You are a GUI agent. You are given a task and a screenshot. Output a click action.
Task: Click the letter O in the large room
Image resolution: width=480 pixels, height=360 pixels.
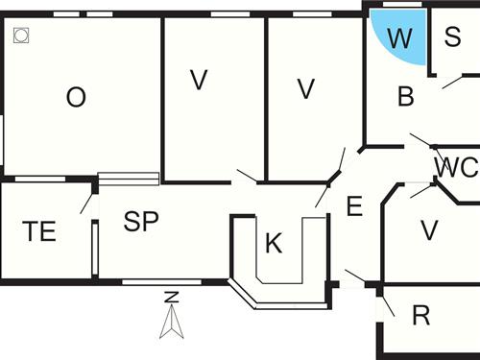click(x=76, y=97)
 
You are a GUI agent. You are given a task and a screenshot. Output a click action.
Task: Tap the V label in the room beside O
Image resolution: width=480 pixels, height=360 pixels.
click(x=199, y=81)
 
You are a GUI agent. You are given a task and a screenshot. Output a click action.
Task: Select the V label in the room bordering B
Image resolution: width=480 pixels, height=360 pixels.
click(x=306, y=88)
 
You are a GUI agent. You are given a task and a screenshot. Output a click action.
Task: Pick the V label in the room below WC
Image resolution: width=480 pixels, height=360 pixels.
click(x=429, y=230)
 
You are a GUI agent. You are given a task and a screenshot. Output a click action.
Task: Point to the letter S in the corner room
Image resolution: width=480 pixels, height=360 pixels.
click(x=452, y=37)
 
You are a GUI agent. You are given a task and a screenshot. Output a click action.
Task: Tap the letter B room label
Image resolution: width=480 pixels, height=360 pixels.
click(x=405, y=96)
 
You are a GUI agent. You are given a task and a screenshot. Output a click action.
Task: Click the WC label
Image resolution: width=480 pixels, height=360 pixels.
click(x=455, y=167)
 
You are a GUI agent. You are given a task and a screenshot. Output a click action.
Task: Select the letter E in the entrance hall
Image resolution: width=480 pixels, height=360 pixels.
click(x=353, y=206)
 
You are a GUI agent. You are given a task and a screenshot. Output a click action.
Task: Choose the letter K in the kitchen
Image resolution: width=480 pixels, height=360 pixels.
click(x=274, y=244)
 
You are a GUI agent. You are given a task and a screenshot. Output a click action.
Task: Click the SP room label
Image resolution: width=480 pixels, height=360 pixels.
click(x=140, y=222)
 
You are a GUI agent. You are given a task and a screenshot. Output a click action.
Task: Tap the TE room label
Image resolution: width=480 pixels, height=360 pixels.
click(x=39, y=231)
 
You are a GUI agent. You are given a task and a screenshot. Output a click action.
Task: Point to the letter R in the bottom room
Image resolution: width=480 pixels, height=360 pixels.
click(x=420, y=316)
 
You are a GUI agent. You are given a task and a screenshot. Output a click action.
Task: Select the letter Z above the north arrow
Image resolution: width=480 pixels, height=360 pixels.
click(x=171, y=297)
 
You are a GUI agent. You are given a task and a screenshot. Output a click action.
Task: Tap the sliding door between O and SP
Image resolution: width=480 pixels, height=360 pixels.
click(x=129, y=179)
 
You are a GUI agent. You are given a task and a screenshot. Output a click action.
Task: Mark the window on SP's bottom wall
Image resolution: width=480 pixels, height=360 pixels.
click(x=161, y=281)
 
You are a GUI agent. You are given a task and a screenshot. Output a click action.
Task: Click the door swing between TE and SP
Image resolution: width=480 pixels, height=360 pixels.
click(x=87, y=203)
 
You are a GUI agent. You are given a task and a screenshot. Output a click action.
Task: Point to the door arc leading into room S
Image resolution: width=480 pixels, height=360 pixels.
click(x=450, y=84)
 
